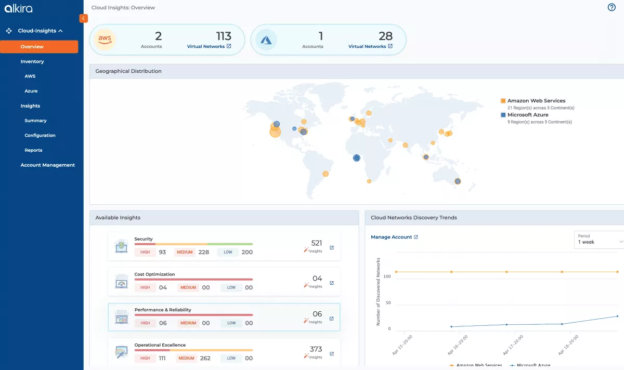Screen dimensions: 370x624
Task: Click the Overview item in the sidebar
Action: pyautogui.click(x=39, y=47)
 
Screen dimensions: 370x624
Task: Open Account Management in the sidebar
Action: pyautogui.click(x=47, y=165)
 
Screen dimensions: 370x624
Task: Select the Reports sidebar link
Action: pyautogui.click(x=33, y=150)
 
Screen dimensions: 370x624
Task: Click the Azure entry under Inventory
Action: pyautogui.click(x=31, y=91)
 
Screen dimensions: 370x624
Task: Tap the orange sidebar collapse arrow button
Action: pyautogui.click(x=83, y=18)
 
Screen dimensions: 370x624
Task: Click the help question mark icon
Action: pyautogui.click(x=612, y=7)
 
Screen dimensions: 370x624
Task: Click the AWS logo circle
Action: pyautogui.click(x=105, y=39)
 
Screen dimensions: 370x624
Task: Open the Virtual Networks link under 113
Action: pyautogui.click(x=209, y=46)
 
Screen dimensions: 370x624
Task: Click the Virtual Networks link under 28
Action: pyautogui.click(x=370, y=46)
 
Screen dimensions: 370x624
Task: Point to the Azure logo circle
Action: pyautogui.click(x=266, y=39)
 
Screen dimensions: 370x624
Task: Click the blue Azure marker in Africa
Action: pyautogui.click(x=357, y=158)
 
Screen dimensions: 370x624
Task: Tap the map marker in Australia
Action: pyautogui.click(x=458, y=181)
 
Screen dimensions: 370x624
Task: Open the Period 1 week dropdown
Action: pyautogui.click(x=599, y=240)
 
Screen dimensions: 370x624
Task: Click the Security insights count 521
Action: pyautogui.click(x=317, y=243)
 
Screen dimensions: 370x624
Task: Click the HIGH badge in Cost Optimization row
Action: pyautogui.click(x=145, y=287)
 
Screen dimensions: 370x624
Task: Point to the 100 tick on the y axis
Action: pyautogui.click(x=386, y=276)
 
